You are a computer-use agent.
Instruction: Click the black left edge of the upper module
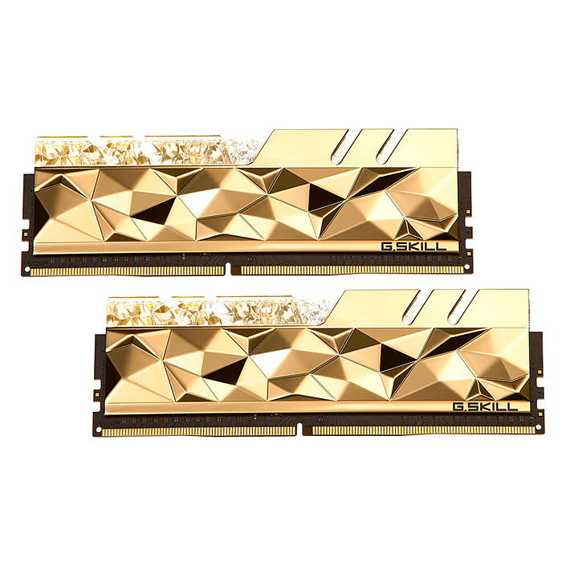click(x=26, y=217)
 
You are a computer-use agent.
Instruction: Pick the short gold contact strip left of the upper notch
click(x=128, y=271)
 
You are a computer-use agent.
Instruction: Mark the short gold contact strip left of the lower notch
click(x=201, y=431)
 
